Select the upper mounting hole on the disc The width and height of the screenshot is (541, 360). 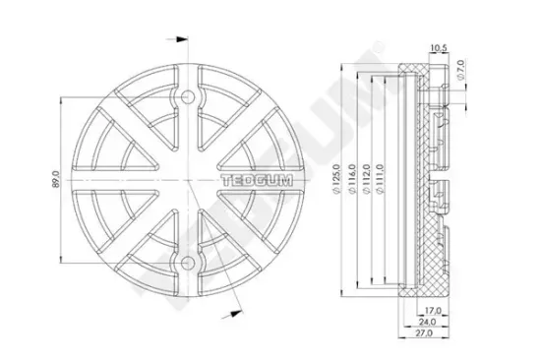188,98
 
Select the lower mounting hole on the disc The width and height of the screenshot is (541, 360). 188,264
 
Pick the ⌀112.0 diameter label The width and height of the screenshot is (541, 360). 365,181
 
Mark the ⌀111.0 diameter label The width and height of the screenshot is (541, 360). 378,181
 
